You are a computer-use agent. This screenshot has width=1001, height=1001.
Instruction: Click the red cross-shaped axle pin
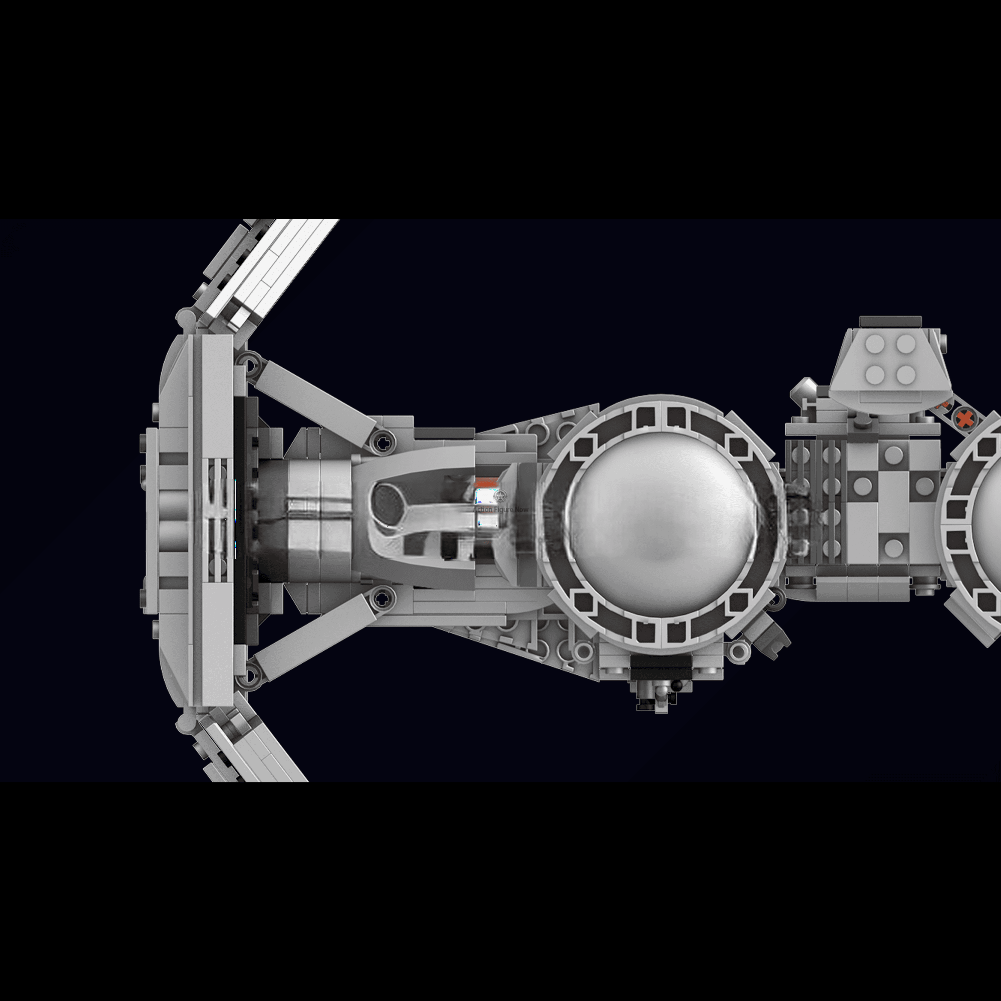(x=964, y=418)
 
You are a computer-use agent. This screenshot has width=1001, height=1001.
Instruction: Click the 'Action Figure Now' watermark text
(x=500, y=510)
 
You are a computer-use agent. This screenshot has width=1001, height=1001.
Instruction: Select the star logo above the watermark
(x=500, y=496)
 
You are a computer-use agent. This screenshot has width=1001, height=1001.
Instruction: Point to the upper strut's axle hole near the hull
(x=383, y=443)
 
